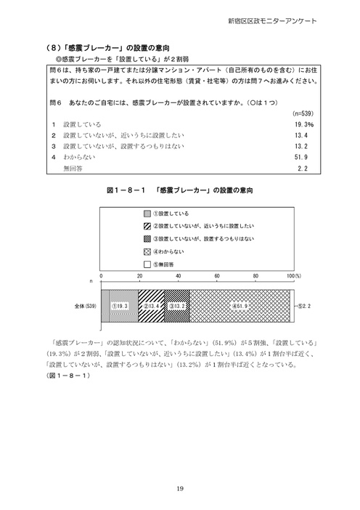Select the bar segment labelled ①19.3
coord(119,306)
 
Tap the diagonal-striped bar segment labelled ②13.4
coord(152,306)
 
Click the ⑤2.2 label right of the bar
coord(305,307)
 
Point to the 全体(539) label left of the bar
coord(86,307)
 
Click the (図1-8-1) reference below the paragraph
coord(67,376)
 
